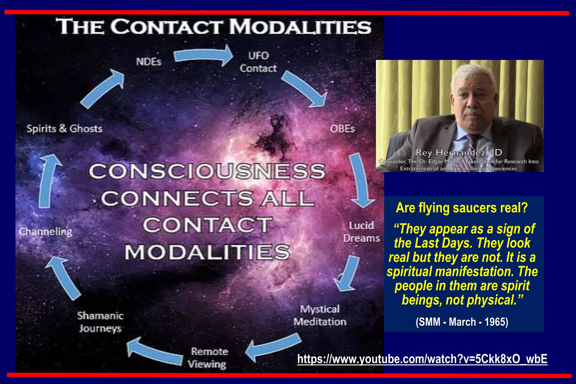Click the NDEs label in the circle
[148, 62]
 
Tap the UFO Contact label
[258, 62]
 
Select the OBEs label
[342, 129]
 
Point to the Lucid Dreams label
[361, 232]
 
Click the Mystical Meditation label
[320, 315]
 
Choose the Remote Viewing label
[208, 358]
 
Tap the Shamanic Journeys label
[100, 322]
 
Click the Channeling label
[46, 231]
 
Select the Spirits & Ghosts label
[64, 128]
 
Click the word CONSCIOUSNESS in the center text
[207, 171]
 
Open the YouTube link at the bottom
[422, 359]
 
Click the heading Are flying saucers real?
[462, 208]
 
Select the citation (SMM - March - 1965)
[462, 322]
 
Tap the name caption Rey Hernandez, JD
[459, 153]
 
